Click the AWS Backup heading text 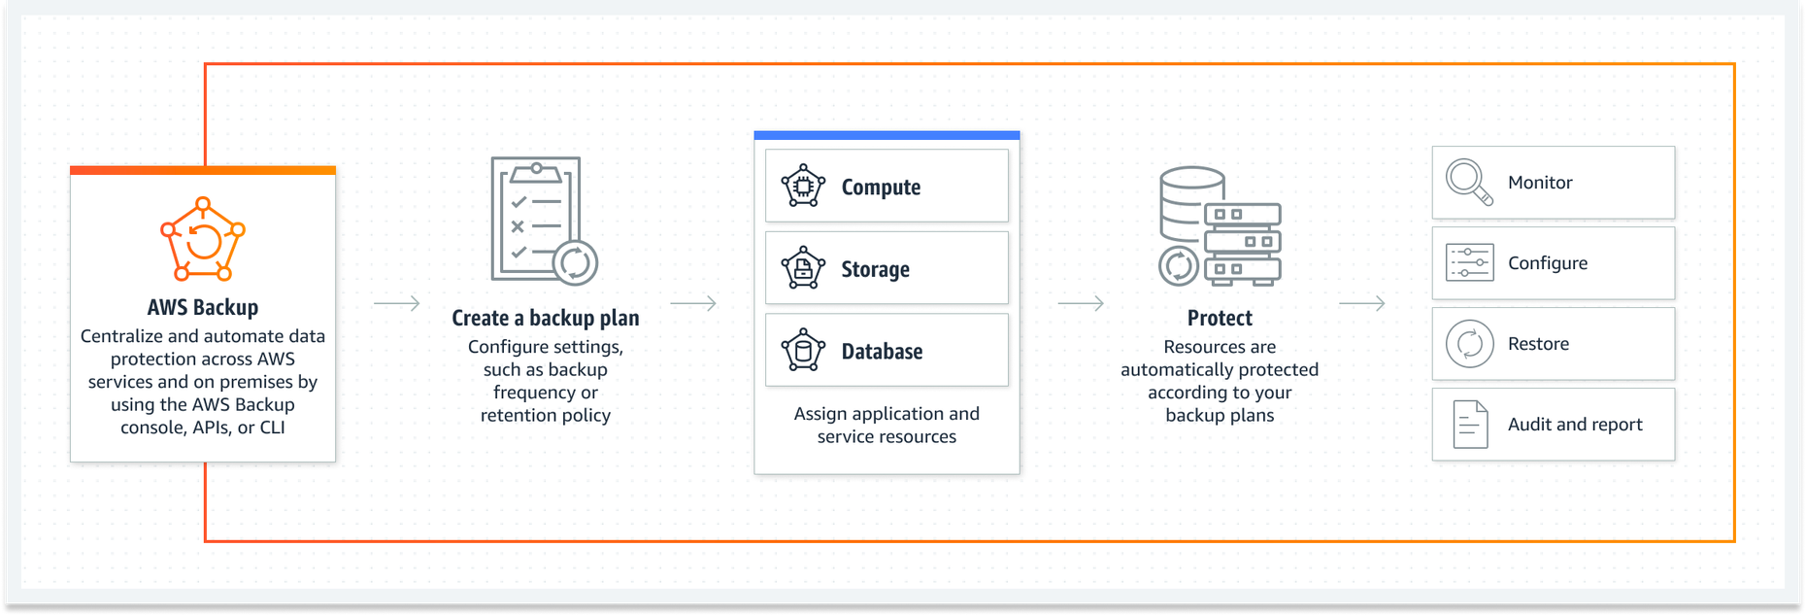click(203, 307)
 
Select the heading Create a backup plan click(546, 318)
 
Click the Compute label click(881, 187)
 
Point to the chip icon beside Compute click(803, 186)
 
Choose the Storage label click(875, 269)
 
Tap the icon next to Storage click(803, 268)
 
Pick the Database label click(882, 351)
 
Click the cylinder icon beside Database click(803, 350)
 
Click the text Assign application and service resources click(886, 425)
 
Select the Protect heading click(1220, 318)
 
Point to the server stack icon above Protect click(1220, 226)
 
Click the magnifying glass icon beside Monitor click(1469, 182)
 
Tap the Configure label click(1548, 263)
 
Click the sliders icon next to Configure click(1469, 262)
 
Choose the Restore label click(1538, 344)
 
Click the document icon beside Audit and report click(1470, 425)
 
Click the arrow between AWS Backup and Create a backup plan click(396, 304)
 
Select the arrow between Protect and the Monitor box click(1361, 304)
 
